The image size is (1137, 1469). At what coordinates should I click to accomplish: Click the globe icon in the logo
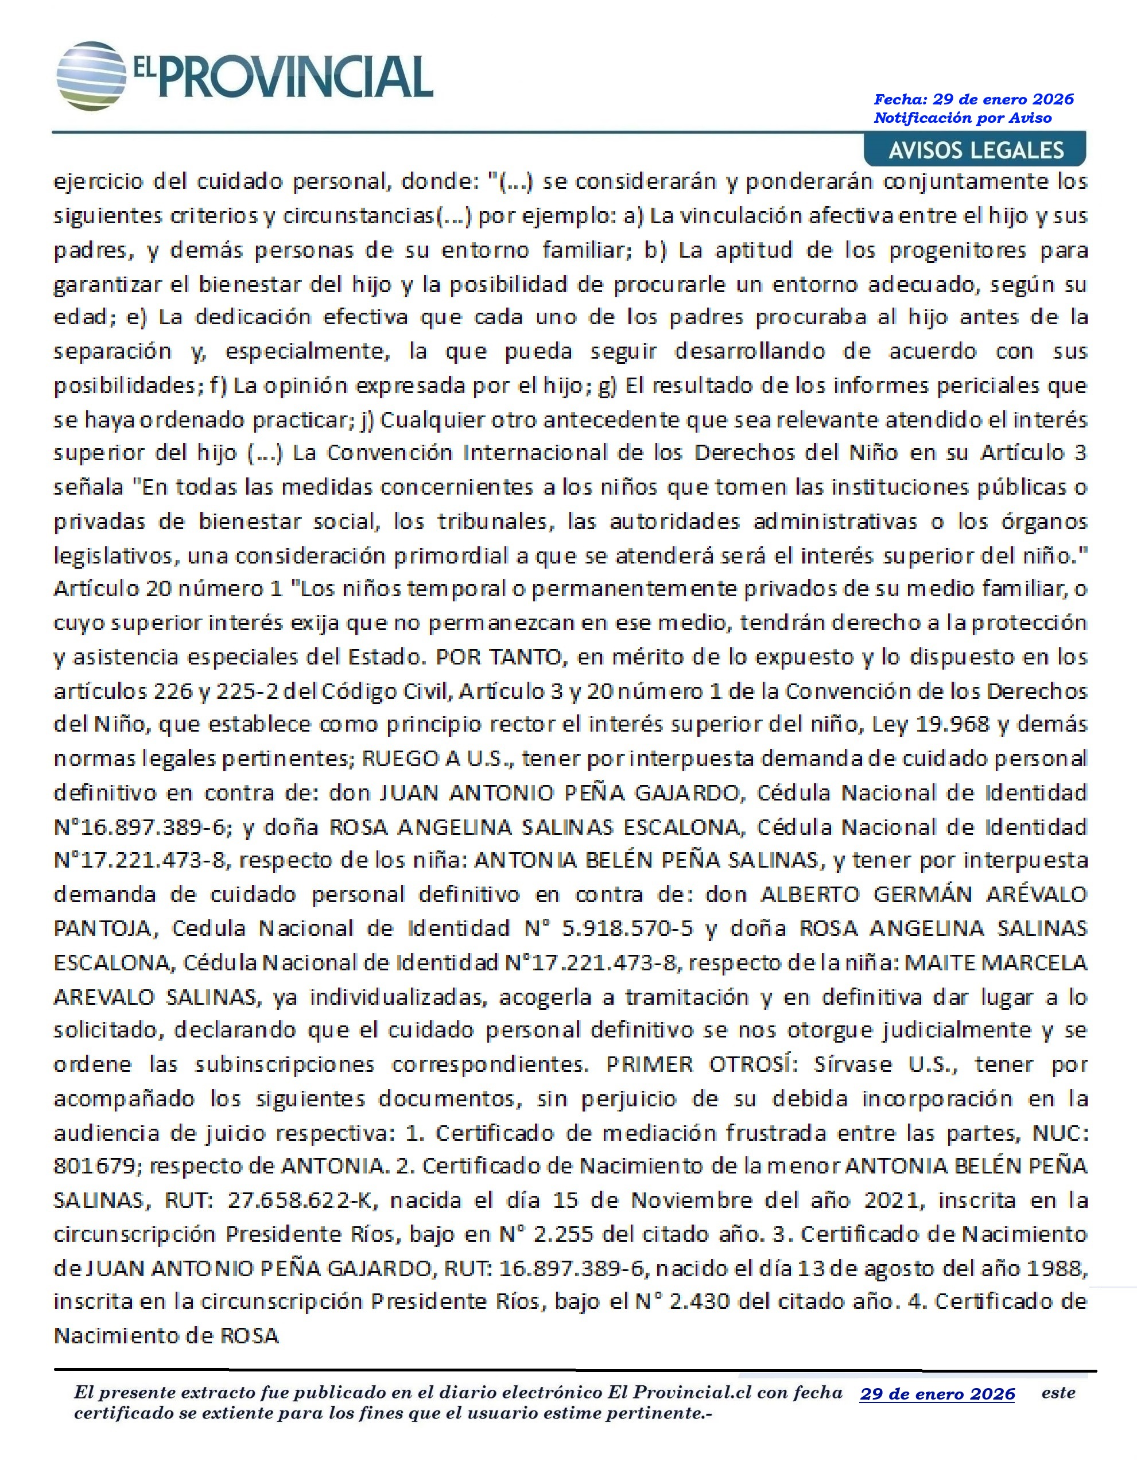point(91,76)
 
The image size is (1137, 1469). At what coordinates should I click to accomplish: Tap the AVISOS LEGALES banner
point(976,150)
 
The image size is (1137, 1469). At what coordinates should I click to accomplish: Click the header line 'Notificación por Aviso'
point(962,118)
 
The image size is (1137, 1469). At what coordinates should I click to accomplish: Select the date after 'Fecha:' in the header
point(1003,99)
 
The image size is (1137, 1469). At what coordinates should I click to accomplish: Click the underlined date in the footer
point(937,1394)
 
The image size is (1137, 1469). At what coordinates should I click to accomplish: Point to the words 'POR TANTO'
point(499,656)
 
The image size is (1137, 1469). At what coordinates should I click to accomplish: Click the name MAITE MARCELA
point(995,962)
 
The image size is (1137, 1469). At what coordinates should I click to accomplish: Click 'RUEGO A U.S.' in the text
point(437,759)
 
